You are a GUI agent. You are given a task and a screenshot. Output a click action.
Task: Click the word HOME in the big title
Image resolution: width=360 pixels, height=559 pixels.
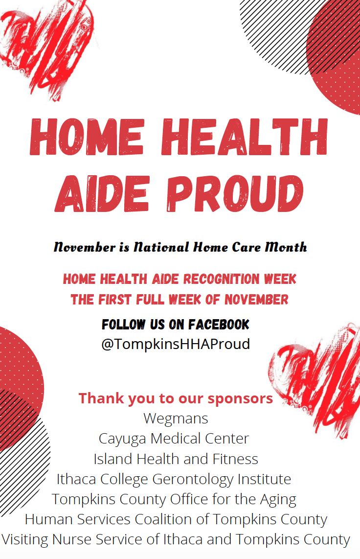point(87,137)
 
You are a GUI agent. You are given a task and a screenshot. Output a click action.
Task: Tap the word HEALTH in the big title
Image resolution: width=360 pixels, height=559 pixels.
point(244,137)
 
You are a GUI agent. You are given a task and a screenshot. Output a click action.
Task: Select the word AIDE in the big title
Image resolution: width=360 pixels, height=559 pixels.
point(102,193)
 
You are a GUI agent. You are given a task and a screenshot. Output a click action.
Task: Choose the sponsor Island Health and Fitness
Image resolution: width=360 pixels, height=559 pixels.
point(176,459)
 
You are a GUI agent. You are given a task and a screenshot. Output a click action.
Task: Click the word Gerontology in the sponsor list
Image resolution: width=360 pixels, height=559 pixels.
point(193,480)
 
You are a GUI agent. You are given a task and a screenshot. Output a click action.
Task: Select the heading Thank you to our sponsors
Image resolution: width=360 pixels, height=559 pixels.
point(176,398)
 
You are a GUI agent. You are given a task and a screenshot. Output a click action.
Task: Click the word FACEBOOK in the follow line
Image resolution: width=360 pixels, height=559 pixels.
point(219,325)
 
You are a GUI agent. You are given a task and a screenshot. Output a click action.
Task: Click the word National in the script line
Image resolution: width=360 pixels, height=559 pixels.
point(161,247)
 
